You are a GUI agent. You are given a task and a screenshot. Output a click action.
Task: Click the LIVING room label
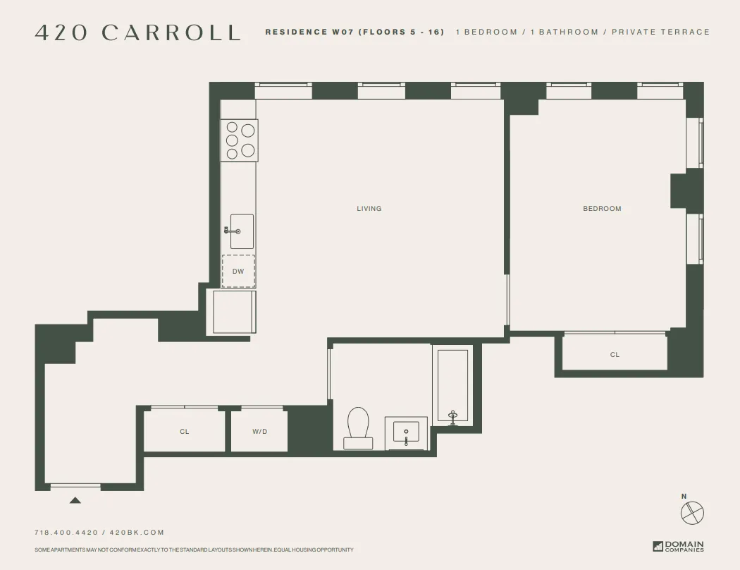[369, 209]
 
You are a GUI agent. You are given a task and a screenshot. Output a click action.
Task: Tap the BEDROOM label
[602, 209]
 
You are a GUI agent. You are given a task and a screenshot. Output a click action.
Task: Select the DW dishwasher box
[238, 271]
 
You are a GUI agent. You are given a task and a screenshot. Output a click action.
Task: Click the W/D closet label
[259, 432]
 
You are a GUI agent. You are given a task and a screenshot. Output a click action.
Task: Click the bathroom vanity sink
[406, 432]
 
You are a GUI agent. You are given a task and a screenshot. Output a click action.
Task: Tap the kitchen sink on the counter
[240, 231]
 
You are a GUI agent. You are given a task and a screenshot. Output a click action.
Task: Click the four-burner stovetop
[240, 140]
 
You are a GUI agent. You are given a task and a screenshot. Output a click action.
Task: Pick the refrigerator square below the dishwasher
[234, 312]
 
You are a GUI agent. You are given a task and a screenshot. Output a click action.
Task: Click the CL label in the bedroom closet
[615, 355]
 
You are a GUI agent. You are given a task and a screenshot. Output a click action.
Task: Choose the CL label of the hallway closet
[184, 432]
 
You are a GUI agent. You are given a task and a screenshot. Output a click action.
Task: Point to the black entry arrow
[75, 501]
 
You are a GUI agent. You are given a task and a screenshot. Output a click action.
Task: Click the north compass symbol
[692, 511]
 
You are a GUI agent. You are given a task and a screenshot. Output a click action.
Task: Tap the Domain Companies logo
[678, 546]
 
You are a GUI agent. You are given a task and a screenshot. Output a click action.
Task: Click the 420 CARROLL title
[137, 33]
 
